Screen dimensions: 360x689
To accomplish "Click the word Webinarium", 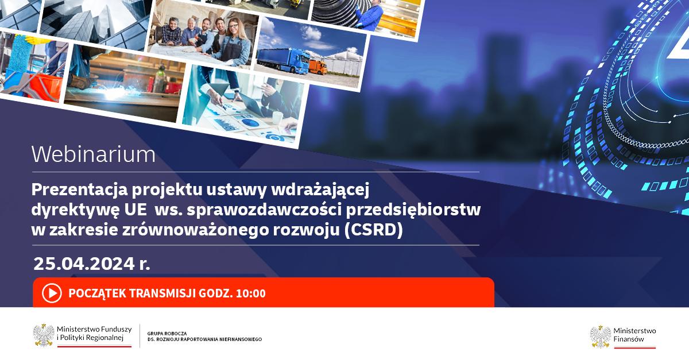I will click(x=94, y=154).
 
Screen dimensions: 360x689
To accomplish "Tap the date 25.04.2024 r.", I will click(x=92, y=264).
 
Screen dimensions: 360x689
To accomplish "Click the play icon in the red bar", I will click(x=52, y=293).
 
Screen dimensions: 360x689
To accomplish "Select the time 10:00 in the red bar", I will click(x=251, y=293).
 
